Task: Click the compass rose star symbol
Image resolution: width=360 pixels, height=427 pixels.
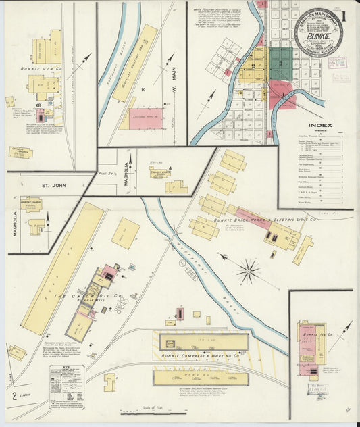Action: pos(248,272)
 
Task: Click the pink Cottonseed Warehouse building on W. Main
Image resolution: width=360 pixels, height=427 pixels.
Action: pos(145,118)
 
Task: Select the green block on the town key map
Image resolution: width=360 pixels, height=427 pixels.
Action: pos(280,64)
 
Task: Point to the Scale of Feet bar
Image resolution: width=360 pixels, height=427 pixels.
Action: pos(153,411)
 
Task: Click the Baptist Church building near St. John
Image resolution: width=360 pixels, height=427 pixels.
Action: pos(31,203)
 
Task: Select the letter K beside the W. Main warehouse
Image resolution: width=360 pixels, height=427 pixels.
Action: pos(143,90)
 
